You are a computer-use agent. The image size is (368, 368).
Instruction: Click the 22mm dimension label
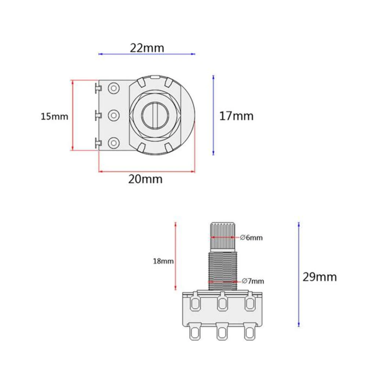click(x=147, y=48)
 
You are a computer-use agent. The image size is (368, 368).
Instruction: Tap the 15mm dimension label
click(x=54, y=117)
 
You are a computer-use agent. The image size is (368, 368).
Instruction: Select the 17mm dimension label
click(x=236, y=116)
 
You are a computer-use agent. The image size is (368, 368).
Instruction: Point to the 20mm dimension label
click(x=145, y=179)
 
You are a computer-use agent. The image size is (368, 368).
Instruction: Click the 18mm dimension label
click(x=163, y=261)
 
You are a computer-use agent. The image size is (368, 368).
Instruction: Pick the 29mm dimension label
click(x=319, y=277)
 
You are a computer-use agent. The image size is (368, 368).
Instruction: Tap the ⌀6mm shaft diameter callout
click(x=252, y=238)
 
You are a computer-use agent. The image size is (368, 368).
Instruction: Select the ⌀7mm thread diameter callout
click(x=253, y=281)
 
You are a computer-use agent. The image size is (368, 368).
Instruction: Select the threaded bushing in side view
click(x=223, y=270)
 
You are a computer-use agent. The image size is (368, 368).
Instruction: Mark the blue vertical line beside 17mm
click(x=213, y=115)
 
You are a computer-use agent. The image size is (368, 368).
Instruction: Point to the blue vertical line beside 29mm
click(x=299, y=274)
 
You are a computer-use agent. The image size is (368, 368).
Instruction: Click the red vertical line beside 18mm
click(x=176, y=256)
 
